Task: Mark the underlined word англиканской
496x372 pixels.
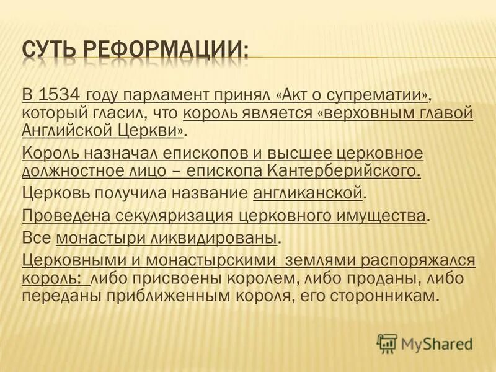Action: pyautogui.click(x=308, y=194)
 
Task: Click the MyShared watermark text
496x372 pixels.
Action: pyautogui.click(x=436, y=342)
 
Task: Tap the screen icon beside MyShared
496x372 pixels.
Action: pyautogui.click(x=386, y=342)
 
